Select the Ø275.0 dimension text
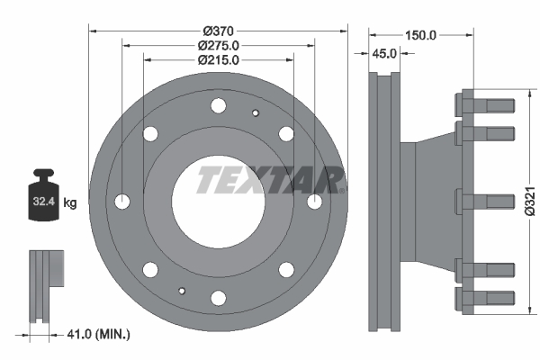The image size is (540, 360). (218, 44)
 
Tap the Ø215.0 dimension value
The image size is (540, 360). (218, 60)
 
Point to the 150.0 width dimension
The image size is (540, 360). (420, 35)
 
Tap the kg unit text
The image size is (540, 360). (70, 204)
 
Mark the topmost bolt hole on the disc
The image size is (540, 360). (218, 106)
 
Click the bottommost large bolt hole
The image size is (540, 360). (218, 297)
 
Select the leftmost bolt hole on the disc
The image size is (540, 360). (123, 202)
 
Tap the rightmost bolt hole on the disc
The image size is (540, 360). (313, 202)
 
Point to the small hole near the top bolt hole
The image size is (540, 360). (256, 112)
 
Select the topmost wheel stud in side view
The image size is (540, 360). (485, 102)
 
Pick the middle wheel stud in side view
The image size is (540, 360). (485, 201)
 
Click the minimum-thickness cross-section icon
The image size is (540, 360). (45, 283)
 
